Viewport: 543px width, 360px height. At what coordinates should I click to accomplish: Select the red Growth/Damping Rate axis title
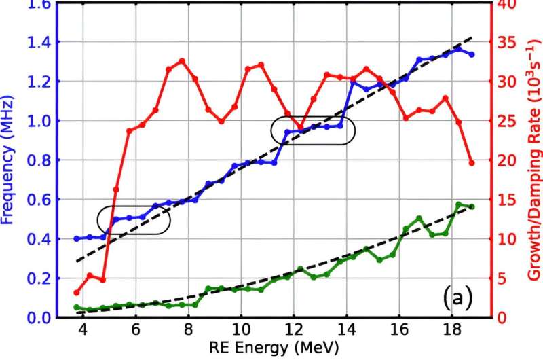[x=533, y=160]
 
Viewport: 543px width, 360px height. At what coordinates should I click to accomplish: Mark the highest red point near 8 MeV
[x=182, y=60]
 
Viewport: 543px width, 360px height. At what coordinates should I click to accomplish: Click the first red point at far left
[x=77, y=293]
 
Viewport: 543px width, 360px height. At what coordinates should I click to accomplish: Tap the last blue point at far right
[x=472, y=54]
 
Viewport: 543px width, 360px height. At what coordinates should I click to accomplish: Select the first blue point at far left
[x=77, y=238]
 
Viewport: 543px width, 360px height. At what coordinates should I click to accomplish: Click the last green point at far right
[x=472, y=206]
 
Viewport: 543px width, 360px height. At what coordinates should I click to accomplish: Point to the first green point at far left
[x=77, y=307]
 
